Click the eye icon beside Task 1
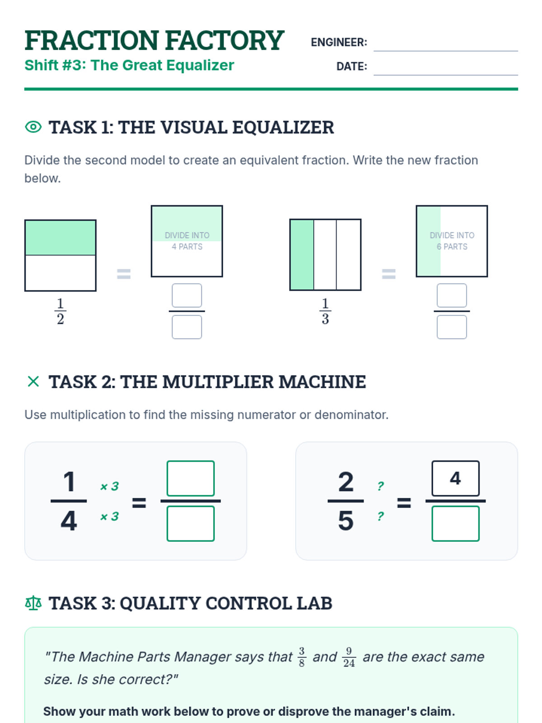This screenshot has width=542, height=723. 33,127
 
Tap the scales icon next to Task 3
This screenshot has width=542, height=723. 33,603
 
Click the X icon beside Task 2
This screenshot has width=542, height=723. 33,381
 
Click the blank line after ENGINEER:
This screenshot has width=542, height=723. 446,51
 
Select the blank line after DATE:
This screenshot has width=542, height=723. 446,75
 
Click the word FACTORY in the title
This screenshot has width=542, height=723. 225,41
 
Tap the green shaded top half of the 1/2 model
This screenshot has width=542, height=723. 61,238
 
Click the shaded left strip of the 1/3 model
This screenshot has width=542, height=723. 302,254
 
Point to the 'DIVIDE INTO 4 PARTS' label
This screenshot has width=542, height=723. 187,241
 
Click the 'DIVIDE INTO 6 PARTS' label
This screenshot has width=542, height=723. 452,241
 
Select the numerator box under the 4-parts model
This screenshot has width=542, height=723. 187,296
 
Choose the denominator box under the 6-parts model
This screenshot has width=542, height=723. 452,327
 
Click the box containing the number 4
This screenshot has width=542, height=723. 455,478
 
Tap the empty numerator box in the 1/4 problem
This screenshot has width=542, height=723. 191,478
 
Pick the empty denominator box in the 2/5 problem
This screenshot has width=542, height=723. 455,524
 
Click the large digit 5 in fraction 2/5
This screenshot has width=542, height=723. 346,521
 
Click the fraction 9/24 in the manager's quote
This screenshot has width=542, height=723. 349,657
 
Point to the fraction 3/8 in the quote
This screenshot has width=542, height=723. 302,657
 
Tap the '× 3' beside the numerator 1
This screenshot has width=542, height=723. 110,486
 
